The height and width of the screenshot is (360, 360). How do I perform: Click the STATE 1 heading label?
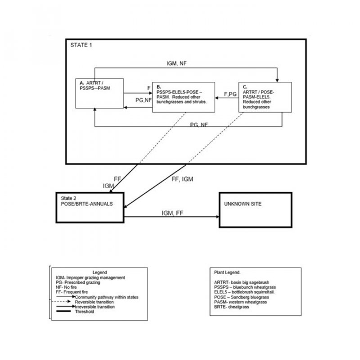(82, 45)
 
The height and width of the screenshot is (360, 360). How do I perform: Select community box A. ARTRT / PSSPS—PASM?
(99, 93)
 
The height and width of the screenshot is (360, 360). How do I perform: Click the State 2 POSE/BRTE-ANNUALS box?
(90, 207)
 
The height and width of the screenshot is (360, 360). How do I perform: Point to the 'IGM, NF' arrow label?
(176, 64)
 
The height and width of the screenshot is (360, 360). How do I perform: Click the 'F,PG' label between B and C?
(230, 94)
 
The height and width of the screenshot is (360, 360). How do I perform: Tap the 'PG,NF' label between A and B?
(144, 100)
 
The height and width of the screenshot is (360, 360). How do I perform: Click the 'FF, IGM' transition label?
(182, 179)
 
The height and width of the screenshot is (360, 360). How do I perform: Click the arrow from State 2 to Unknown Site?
(171, 218)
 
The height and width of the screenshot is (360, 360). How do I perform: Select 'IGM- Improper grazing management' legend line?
(87, 277)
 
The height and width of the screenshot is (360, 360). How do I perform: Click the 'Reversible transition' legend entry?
(94, 302)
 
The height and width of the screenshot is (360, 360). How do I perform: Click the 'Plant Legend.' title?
(228, 272)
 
